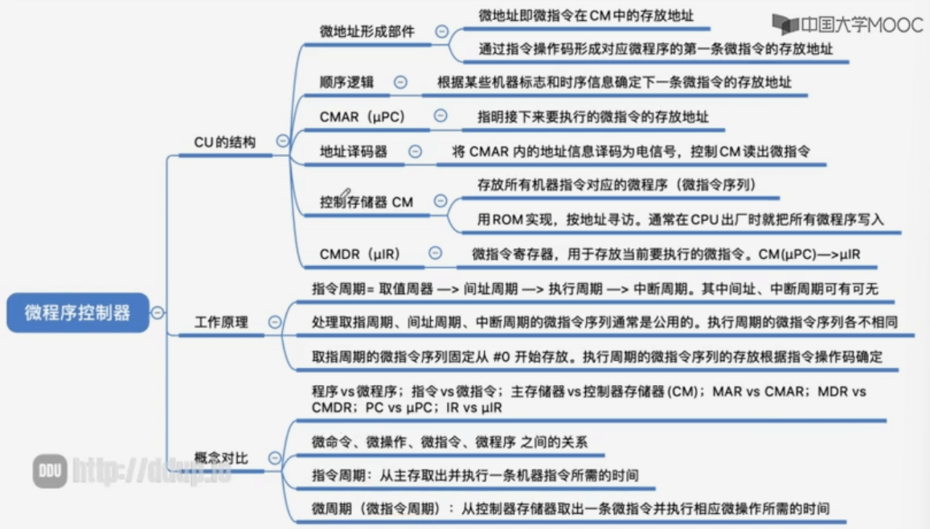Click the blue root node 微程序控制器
[x=78, y=312]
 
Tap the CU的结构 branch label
[x=225, y=141]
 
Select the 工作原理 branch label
[x=221, y=322]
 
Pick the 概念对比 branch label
[x=221, y=458]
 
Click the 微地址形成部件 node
[x=367, y=31]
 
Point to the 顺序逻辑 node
[x=346, y=82]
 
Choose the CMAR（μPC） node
[x=363, y=117]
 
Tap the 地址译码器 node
[x=354, y=151]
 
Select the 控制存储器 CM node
[x=367, y=202]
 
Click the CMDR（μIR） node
[x=360, y=254]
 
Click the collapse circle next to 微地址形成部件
[x=441, y=31]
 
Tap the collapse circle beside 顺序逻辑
[x=399, y=82]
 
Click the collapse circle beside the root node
[x=158, y=313]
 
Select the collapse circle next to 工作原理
[x=275, y=322]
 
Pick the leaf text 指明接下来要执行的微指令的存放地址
[x=593, y=117]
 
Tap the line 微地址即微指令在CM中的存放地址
[x=586, y=14]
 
